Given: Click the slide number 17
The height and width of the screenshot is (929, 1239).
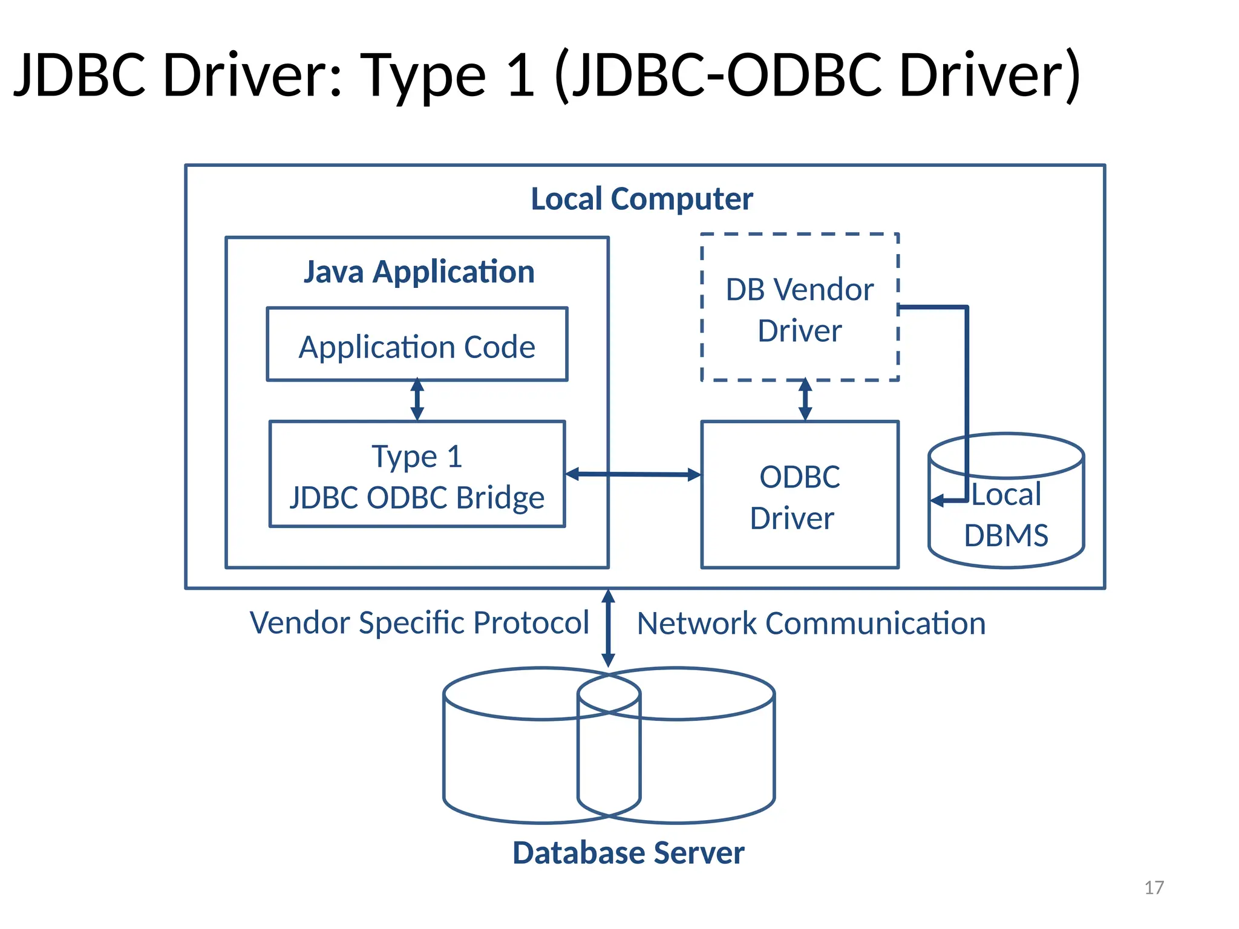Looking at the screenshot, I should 1154,887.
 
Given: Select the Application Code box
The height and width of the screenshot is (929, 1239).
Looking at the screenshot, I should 417,345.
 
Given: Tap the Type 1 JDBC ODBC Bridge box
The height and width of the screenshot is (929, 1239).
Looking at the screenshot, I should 417,474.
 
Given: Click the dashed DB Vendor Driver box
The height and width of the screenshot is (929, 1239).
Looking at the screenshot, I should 799,308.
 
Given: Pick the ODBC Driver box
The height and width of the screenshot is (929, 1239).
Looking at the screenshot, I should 799,496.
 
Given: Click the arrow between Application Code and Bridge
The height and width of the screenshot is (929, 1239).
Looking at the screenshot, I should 417,399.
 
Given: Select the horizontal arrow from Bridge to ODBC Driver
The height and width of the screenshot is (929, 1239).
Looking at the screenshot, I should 633,475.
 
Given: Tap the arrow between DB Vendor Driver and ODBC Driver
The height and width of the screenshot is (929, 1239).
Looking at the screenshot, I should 805,400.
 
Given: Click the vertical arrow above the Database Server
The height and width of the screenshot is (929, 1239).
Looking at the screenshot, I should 609,629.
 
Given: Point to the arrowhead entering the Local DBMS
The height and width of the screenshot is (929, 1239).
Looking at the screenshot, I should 938,501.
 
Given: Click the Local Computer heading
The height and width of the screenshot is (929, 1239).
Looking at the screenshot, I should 642,199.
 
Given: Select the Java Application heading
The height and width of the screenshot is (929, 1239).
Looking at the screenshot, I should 419,272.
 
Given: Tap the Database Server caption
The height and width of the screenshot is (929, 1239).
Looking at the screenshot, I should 628,853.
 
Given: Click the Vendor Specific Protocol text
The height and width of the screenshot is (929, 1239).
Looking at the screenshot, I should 419,622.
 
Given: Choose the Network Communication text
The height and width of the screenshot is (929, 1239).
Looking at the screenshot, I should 811,624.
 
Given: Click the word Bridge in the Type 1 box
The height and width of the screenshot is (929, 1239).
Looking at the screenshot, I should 500,498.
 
